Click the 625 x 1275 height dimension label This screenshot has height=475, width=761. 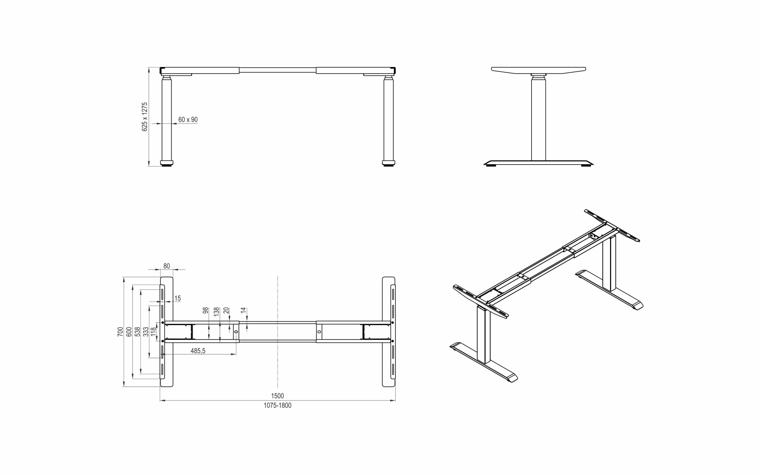point(145,117)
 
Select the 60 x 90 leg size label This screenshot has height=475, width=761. point(188,119)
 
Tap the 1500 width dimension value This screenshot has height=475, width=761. point(277,396)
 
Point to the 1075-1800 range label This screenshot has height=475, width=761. point(277,405)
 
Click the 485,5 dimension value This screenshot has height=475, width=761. point(198,351)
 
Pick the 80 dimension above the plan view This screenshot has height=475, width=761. point(166,266)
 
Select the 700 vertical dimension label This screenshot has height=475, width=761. point(120,332)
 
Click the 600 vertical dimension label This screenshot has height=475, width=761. point(129,332)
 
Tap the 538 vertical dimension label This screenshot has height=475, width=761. point(137,332)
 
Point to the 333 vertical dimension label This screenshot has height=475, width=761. point(146,332)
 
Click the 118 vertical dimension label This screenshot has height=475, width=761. point(153,332)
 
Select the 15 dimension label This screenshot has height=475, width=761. point(178,298)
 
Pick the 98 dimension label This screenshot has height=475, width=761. point(205,311)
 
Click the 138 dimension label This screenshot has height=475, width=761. point(216,311)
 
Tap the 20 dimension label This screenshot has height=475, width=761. point(226,311)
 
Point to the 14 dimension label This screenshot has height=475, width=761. point(243,311)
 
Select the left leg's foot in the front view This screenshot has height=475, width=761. point(167,163)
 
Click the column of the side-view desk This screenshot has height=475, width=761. point(538,119)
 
